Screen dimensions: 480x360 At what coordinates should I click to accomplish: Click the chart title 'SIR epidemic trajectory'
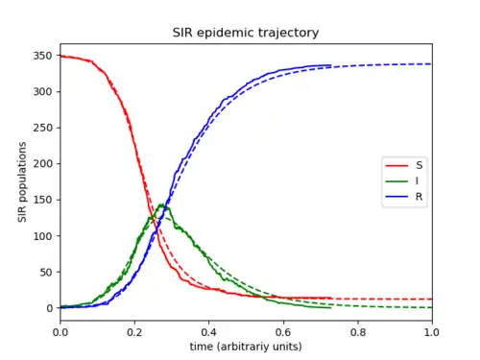click(x=246, y=33)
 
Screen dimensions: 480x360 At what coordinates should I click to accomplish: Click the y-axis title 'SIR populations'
click(x=22, y=182)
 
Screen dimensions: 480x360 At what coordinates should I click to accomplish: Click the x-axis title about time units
click(x=246, y=347)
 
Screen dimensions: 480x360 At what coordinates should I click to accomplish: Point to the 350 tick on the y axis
click(x=42, y=56)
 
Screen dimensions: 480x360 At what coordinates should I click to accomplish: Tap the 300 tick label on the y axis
click(x=42, y=92)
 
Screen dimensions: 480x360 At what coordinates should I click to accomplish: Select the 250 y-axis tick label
click(x=42, y=128)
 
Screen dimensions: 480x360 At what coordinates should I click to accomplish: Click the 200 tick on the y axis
click(x=42, y=163)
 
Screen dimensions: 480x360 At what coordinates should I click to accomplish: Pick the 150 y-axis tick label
click(x=42, y=200)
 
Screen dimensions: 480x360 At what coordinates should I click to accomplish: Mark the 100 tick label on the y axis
click(x=42, y=236)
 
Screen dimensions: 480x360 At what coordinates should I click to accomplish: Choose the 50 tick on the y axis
click(x=46, y=272)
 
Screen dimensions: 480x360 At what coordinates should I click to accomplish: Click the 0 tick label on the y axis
click(x=49, y=308)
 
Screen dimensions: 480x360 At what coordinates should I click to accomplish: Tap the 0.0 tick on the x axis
click(x=60, y=332)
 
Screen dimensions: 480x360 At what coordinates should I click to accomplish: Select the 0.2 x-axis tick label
click(x=134, y=332)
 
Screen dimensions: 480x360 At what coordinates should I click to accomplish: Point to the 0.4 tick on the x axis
click(x=208, y=332)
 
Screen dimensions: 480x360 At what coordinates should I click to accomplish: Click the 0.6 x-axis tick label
click(x=283, y=332)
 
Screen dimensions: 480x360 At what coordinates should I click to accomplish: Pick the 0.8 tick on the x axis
click(x=358, y=332)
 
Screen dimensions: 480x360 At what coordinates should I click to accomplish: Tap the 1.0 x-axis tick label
click(x=432, y=332)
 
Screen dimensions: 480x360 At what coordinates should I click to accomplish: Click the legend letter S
click(x=420, y=165)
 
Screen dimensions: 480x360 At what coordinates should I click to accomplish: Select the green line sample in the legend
click(x=396, y=181)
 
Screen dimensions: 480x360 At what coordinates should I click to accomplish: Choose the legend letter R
click(x=420, y=197)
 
